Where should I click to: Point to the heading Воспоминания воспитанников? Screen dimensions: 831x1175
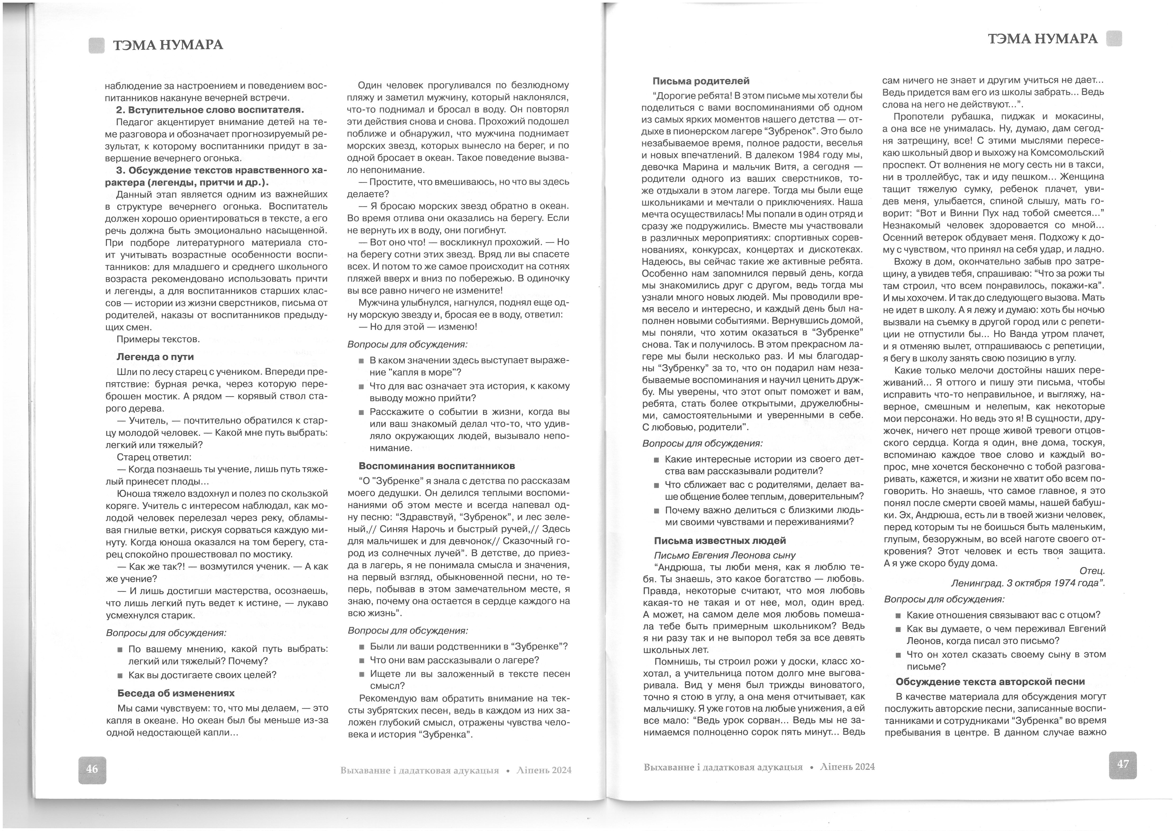(x=437, y=466)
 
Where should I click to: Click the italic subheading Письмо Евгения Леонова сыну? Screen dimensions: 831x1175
(x=725, y=555)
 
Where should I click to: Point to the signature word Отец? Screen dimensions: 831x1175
(x=1092, y=571)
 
